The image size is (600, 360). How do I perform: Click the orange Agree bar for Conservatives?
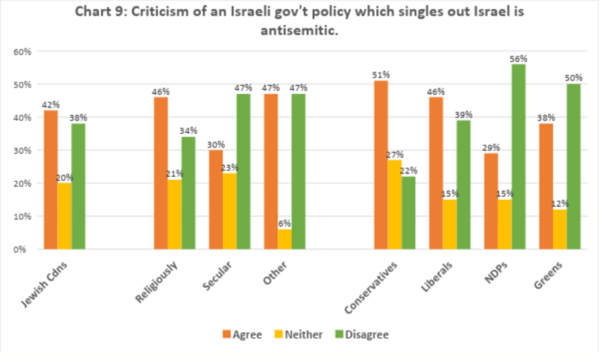pos(381,165)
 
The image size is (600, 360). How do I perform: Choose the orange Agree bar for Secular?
pos(216,199)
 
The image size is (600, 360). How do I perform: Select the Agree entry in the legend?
pos(241,335)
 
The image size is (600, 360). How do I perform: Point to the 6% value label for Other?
pos(285,223)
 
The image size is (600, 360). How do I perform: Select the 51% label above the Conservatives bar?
pos(381,75)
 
